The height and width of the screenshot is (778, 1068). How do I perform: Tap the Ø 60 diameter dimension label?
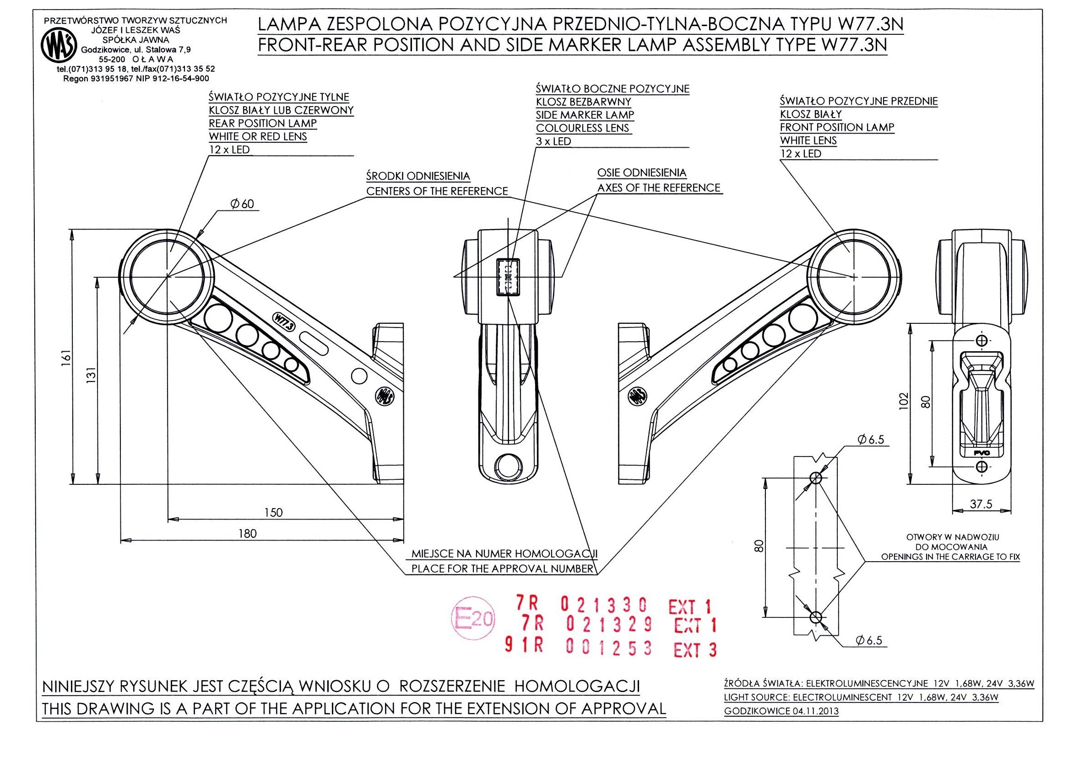pos(242,204)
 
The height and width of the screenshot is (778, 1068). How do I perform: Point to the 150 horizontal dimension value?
pos(273,512)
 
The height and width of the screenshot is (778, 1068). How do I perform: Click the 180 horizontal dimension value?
pos(248,533)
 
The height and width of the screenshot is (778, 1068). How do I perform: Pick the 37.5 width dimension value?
pos(981,504)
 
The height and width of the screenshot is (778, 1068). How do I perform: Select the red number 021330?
pos(603,604)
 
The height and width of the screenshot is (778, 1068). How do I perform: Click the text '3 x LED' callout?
pos(553,141)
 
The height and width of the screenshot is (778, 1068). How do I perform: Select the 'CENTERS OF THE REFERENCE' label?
pos(437,191)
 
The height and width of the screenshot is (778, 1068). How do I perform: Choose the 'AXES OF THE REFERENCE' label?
pos(658,188)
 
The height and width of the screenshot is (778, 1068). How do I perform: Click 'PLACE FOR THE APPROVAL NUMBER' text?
pos(502,569)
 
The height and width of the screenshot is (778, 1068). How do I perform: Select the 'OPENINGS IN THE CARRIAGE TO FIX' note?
pos(950,557)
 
